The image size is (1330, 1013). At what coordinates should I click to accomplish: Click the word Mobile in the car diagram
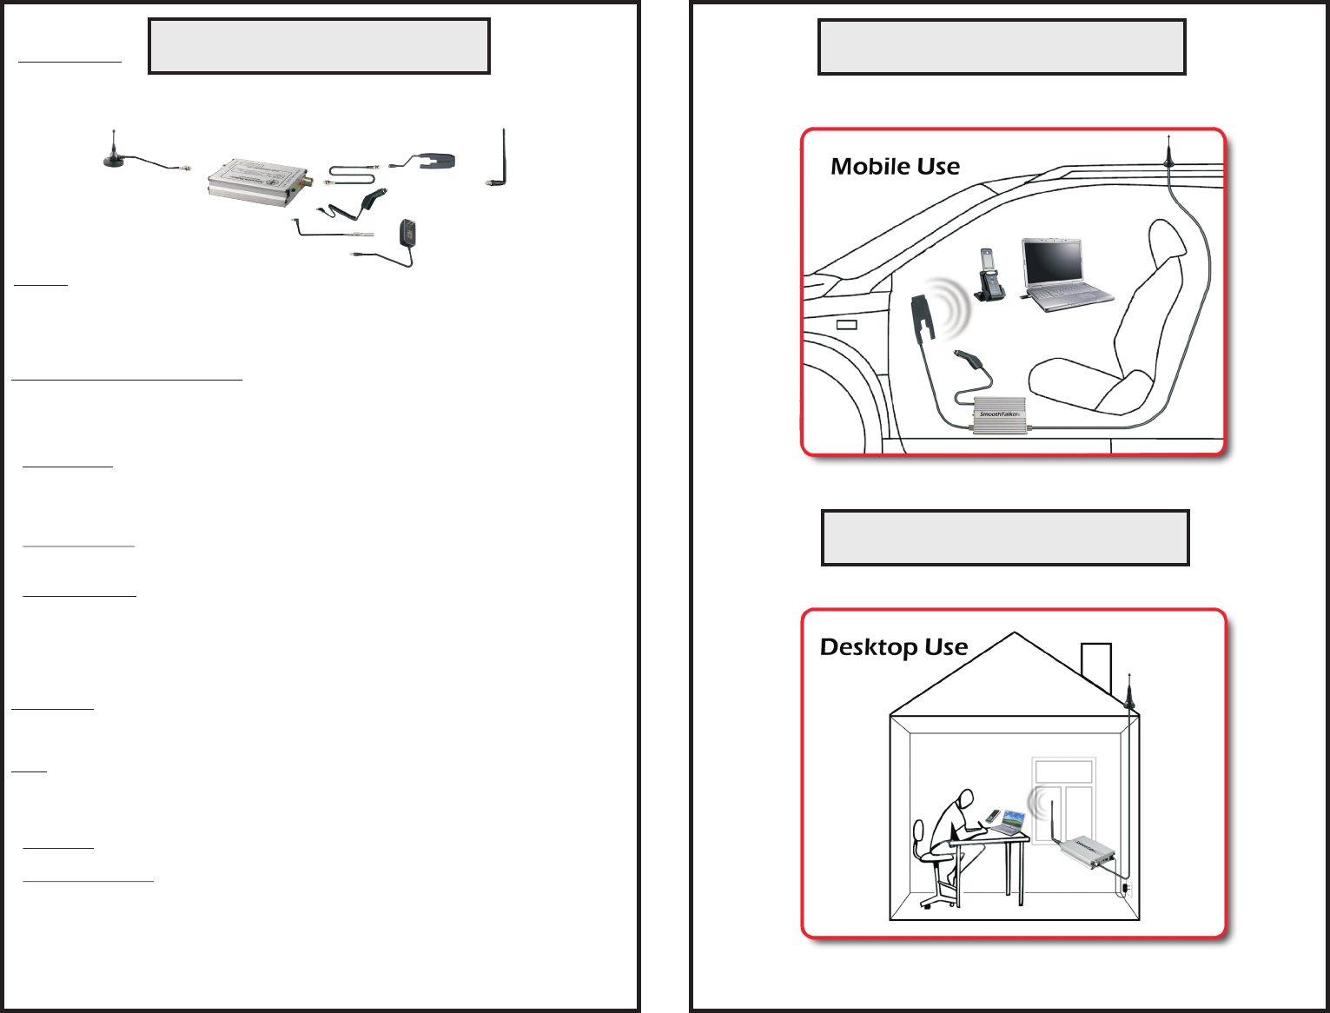864,166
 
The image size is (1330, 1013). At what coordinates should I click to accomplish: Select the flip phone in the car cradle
989,275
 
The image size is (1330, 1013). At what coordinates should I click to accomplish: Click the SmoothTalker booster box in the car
1000,414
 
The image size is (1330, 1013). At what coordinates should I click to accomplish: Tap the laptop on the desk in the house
1011,822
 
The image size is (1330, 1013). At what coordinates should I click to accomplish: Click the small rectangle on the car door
846,325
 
